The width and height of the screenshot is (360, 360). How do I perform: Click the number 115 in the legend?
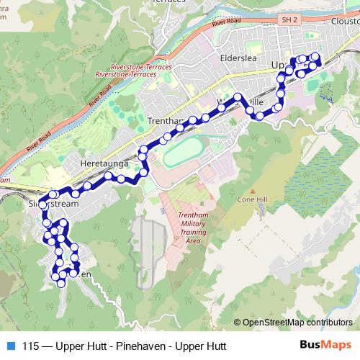click(30, 346)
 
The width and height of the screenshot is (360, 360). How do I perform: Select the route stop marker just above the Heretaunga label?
click(108, 176)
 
